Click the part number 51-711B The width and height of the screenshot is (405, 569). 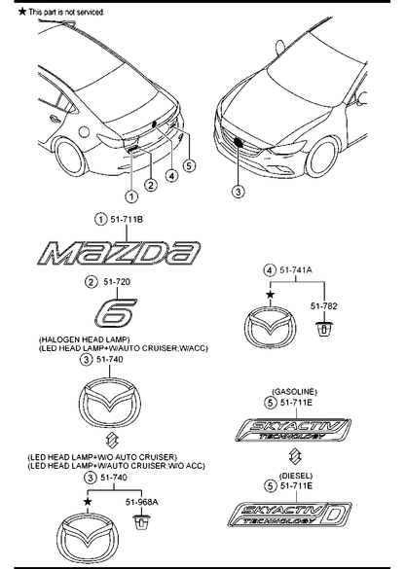point(127,220)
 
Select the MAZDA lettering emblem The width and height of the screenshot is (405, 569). point(119,253)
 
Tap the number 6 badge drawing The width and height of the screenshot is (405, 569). point(115,311)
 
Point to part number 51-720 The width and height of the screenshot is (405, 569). point(117,282)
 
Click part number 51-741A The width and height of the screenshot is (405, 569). point(296,270)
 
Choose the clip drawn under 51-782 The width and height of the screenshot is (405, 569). point(323,329)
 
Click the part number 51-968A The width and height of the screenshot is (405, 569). point(142,502)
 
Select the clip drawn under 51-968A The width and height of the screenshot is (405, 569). point(141,522)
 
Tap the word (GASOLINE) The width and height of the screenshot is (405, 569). point(294,392)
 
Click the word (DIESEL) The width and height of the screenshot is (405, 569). point(296,476)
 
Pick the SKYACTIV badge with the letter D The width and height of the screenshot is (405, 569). point(289,514)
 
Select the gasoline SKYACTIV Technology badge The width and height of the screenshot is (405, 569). point(293,430)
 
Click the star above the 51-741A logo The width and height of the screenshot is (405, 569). point(270,295)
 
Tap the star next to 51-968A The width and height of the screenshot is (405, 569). point(88,502)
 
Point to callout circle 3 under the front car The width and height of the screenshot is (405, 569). point(238,192)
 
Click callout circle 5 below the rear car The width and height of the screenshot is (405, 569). point(189,166)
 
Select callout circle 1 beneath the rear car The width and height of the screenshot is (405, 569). point(131,196)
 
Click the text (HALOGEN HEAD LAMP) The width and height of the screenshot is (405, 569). point(84,339)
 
